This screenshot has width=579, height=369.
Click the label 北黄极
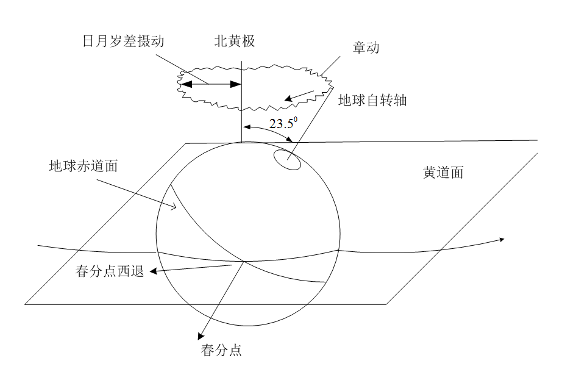click(x=233, y=41)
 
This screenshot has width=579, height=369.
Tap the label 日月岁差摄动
click(x=124, y=41)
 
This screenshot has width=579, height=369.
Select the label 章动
click(x=366, y=48)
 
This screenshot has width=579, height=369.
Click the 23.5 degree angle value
click(x=283, y=124)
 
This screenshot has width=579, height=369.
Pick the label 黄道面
click(x=443, y=173)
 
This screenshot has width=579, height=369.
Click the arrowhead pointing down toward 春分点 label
click(x=201, y=336)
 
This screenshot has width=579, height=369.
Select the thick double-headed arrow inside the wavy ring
click(x=210, y=84)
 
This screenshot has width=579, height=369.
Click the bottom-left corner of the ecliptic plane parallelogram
click(x=26, y=304)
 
